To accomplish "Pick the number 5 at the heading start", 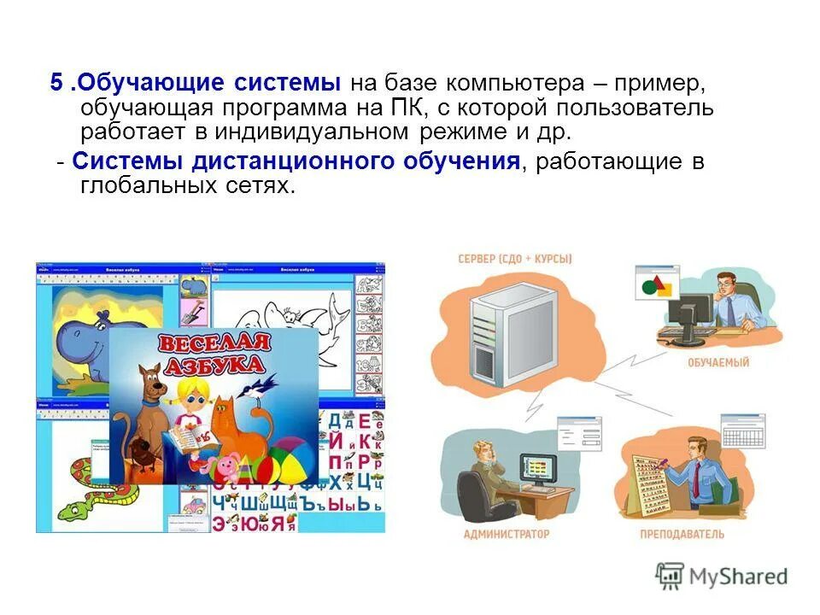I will (56, 84).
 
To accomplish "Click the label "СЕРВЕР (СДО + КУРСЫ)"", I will (514, 259).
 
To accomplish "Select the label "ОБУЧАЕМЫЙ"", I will (718, 362).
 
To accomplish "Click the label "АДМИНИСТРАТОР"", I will (507, 535).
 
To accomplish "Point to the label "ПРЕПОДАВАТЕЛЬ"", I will (682, 535).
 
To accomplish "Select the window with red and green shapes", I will (657, 282).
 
